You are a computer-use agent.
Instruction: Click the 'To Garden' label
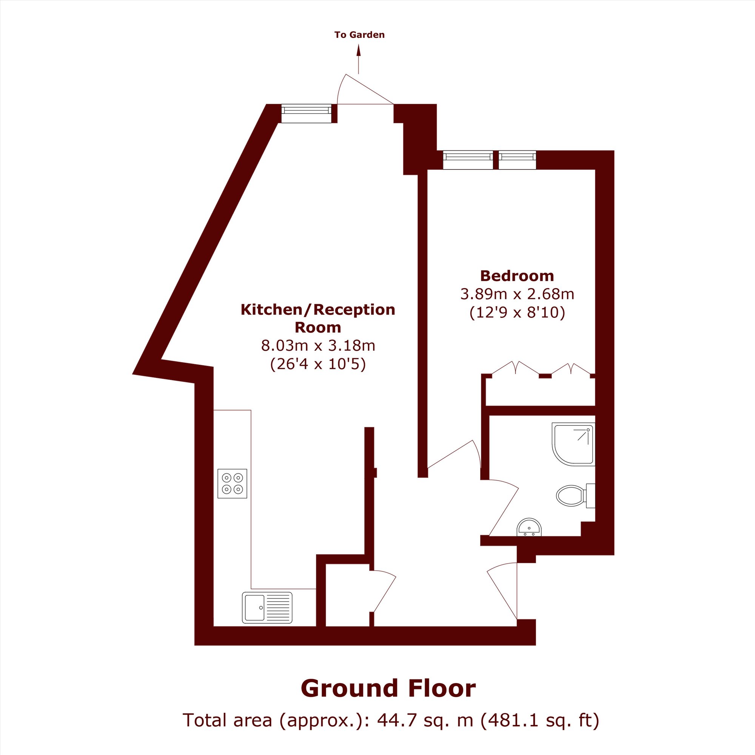coord(359,35)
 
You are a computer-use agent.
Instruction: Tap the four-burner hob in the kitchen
coord(233,484)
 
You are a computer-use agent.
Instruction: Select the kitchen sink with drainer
coord(267,608)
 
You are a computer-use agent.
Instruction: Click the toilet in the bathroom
coord(575,496)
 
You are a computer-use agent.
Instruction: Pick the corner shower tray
coord(573,444)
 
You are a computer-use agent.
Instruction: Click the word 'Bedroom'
coord(517,276)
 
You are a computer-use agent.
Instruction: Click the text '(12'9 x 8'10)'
coord(517,312)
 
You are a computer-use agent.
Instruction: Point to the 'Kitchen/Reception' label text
coord(318,310)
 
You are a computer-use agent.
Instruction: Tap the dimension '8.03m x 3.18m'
coord(318,345)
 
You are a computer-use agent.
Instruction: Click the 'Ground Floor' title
coord(388,688)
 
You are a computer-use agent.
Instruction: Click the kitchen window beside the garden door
coord(307,113)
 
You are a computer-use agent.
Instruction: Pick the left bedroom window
coord(468,160)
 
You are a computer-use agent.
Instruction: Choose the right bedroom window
coord(518,160)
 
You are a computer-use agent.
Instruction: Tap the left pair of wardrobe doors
coord(515,368)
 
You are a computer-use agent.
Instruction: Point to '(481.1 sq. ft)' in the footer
coord(540,720)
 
